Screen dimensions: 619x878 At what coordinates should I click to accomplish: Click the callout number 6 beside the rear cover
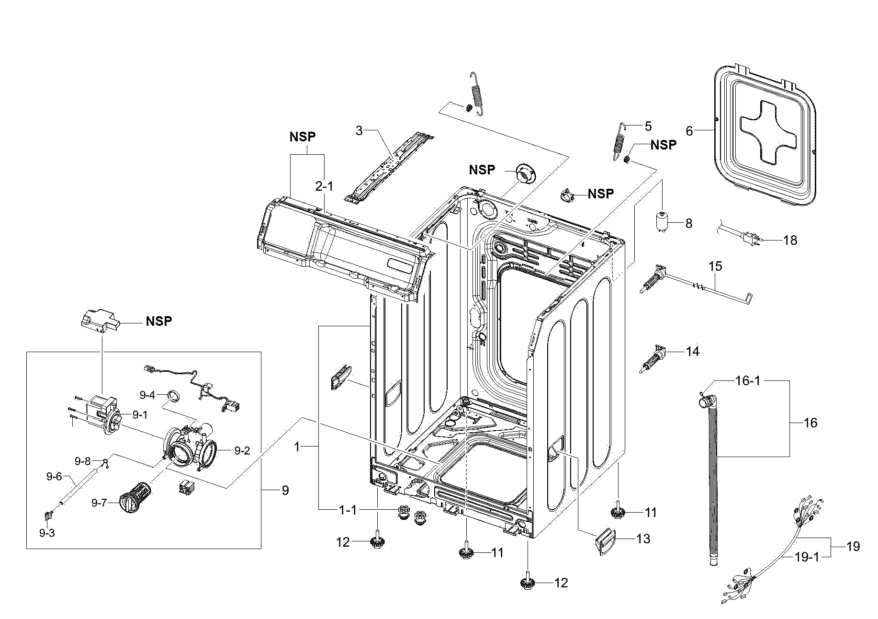[x=689, y=131]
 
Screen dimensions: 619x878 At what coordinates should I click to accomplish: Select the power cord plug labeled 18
[x=749, y=237]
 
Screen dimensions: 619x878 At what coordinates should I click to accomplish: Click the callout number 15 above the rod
[x=715, y=266]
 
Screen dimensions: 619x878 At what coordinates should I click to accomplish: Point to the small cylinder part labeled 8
[x=663, y=222]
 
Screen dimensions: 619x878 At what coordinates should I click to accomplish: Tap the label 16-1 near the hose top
[x=748, y=381]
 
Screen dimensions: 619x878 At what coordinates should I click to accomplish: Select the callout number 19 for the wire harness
[x=853, y=546]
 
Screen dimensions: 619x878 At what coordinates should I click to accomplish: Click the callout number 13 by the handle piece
[x=643, y=539]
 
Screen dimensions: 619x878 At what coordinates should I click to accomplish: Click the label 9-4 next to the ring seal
[x=147, y=395]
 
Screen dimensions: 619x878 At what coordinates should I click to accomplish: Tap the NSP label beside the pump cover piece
[x=158, y=321]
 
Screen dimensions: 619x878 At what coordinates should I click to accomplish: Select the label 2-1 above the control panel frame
[x=324, y=186]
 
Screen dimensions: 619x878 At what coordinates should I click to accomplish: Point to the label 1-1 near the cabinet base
[x=348, y=510]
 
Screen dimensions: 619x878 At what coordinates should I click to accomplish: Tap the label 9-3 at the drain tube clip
[x=47, y=533]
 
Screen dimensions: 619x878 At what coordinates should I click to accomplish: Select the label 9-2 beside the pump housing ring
[x=242, y=450]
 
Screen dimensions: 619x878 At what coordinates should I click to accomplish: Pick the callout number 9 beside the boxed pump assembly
[x=285, y=490]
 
